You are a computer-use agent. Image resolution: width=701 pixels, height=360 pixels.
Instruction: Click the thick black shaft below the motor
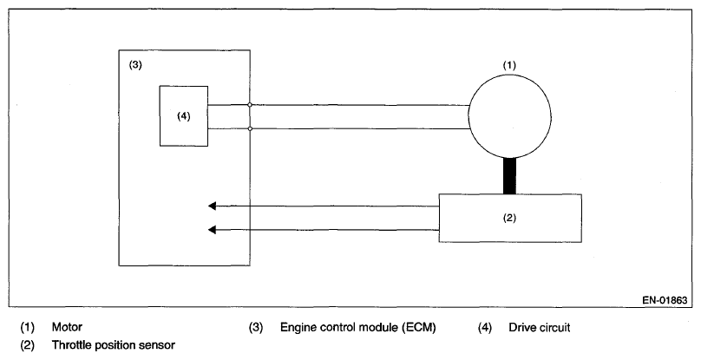(x=509, y=176)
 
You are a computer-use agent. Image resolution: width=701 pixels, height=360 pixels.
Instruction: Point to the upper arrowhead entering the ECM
(x=213, y=206)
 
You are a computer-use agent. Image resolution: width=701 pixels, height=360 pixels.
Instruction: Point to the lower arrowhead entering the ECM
(x=213, y=230)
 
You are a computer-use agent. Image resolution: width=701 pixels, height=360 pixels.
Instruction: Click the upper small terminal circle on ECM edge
(x=250, y=105)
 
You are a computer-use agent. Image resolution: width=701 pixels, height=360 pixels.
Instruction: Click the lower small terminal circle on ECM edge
(x=250, y=128)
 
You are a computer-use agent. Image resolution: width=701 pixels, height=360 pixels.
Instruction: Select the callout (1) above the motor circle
(x=509, y=65)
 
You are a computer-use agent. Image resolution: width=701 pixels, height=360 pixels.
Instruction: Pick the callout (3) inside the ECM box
(x=135, y=65)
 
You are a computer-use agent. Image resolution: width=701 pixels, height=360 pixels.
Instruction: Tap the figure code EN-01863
(x=665, y=300)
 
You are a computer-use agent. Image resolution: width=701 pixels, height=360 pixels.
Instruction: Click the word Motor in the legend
(x=67, y=327)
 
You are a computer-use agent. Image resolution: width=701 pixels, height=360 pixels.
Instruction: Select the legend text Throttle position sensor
(x=114, y=345)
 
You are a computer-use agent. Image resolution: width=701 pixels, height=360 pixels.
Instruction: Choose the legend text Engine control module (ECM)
(x=357, y=327)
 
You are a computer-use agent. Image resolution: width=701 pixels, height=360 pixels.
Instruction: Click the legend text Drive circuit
(x=540, y=327)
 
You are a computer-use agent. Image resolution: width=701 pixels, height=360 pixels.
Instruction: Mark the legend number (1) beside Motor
(x=27, y=327)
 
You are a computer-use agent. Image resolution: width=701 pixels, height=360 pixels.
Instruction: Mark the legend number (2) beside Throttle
(x=27, y=345)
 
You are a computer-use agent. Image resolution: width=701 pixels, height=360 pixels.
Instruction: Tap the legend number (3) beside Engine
(x=256, y=327)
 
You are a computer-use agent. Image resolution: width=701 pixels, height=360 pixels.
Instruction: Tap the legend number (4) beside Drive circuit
(x=485, y=327)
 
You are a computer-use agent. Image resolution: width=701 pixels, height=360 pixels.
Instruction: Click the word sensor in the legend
(x=159, y=346)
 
